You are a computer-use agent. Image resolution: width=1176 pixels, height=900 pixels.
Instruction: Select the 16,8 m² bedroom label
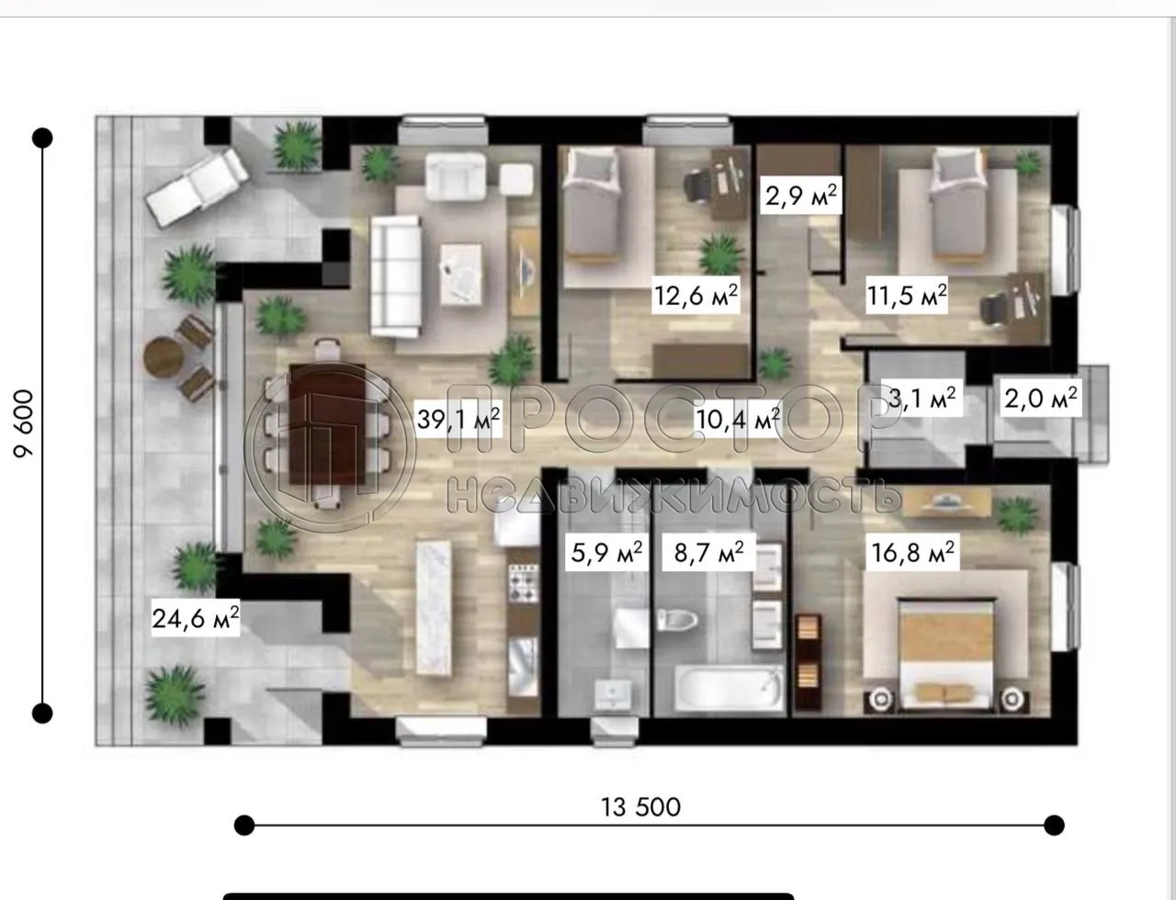click(x=912, y=552)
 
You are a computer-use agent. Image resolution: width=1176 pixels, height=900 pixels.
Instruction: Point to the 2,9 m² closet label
click(x=801, y=196)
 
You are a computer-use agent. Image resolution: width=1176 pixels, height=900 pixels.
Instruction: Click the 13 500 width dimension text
click(x=641, y=807)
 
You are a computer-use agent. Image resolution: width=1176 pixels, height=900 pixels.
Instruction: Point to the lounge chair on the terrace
click(x=196, y=187)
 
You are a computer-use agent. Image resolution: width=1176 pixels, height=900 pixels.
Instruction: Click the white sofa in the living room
click(x=396, y=276)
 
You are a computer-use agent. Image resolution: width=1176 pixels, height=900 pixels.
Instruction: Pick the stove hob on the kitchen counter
click(x=523, y=580)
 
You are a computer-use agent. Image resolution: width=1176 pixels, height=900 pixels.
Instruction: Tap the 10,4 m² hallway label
click(x=738, y=420)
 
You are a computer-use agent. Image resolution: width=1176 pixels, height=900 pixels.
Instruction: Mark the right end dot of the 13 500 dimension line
click(x=1054, y=825)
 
